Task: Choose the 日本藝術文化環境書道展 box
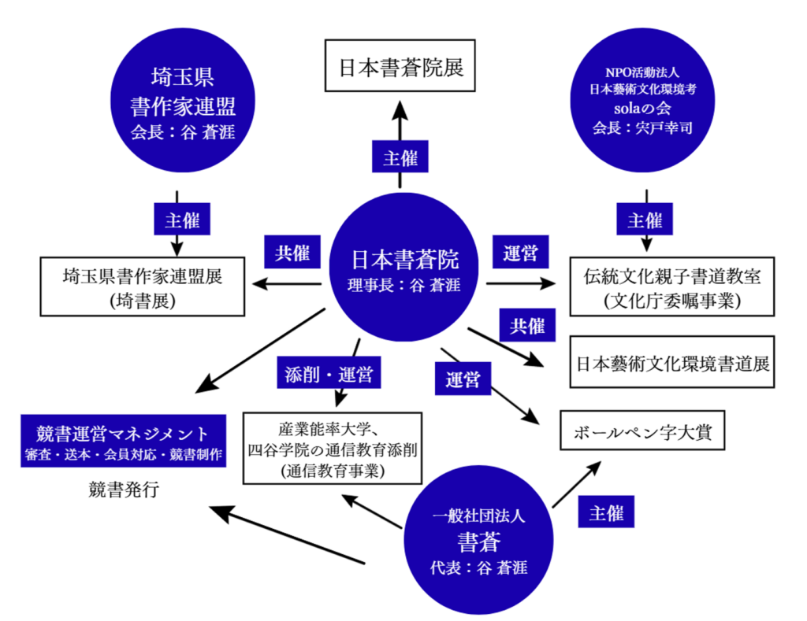pyautogui.click(x=671, y=362)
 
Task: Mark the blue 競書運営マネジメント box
pyautogui.click(x=123, y=442)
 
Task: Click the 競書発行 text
pyautogui.click(x=124, y=491)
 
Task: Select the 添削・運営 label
pyautogui.click(x=329, y=371)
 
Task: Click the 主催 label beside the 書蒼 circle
pyautogui.click(x=606, y=512)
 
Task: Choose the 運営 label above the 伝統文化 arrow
pyautogui.click(x=520, y=253)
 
